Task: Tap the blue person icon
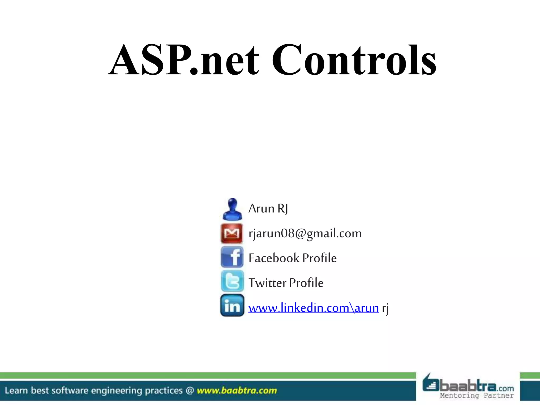click(232, 209)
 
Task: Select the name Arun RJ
click(268, 209)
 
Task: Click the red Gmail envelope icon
click(232, 233)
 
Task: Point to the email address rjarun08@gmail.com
click(305, 234)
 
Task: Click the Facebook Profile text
click(292, 258)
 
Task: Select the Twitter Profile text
click(286, 283)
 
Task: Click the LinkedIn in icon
click(232, 306)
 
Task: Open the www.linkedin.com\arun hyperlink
click(314, 308)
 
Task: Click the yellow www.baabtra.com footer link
click(237, 390)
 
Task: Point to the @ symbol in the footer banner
click(190, 390)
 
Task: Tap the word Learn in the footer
click(16, 390)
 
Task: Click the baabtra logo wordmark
click(468, 386)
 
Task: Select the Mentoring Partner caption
click(476, 396)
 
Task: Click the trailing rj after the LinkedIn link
click(385, 308)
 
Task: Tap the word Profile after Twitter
click(306, 283)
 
